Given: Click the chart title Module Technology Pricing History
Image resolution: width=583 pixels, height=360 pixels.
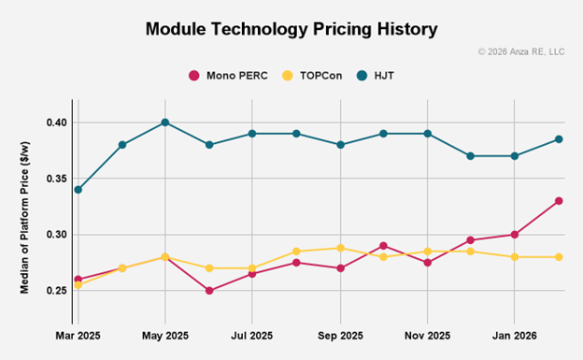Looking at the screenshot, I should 291,29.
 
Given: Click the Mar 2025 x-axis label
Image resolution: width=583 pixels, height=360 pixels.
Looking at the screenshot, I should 78,334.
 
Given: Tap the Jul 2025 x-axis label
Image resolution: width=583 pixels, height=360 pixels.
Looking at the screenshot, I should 252,334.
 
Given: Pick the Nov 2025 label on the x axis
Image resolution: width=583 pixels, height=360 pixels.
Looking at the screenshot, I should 427,334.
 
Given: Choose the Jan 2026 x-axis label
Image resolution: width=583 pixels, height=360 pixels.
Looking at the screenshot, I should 515,334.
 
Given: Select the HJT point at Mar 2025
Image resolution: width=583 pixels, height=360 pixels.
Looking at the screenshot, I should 78,190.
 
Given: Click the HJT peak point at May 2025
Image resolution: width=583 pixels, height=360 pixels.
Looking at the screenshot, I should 165,122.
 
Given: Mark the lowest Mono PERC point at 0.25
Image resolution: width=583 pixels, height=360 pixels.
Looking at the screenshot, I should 209,291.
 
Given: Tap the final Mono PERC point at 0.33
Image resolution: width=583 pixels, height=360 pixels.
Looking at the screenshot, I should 559,201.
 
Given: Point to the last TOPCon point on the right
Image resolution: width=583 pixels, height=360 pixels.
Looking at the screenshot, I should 559,257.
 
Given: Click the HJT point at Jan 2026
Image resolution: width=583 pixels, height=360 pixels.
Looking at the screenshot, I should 515,156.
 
